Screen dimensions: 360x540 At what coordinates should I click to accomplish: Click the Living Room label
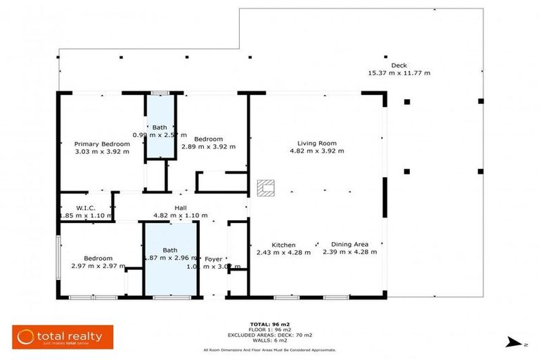click(316, 143)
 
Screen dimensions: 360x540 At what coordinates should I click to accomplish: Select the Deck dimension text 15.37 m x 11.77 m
click(399, 73)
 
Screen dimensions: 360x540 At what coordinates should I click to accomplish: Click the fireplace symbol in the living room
click(265, 187)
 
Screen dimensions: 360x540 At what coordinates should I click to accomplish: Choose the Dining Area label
click(349, 245)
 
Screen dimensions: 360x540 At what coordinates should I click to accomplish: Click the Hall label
click(181, 207)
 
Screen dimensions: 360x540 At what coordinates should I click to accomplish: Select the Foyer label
click(213, 259)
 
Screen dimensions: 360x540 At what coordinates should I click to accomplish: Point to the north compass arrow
click(513, 342)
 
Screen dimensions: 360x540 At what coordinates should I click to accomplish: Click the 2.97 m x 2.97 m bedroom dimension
click(98, 266)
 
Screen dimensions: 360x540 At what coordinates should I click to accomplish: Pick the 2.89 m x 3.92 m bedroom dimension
click(209, 147)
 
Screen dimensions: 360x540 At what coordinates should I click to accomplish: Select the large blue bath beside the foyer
click(170, 259)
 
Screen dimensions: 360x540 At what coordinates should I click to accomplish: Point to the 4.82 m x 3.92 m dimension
click(316, 150)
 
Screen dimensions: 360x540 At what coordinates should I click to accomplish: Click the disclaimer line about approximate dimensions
click(269, 349)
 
